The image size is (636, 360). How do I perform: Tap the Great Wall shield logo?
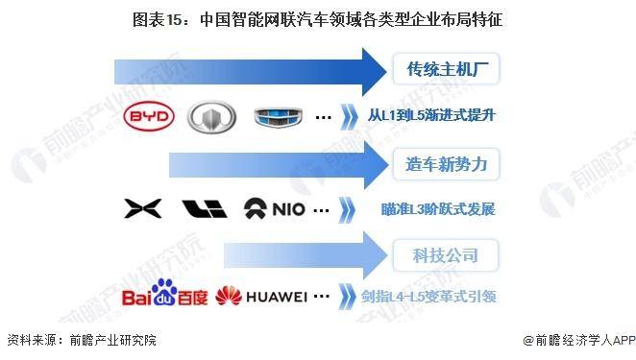pos(210,117)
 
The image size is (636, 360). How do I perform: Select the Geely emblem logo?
pos(277,117)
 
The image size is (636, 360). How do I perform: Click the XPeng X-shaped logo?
pos(142,207)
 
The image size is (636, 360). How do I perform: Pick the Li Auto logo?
pos(203,207)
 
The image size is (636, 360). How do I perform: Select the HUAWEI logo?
pos(260,297)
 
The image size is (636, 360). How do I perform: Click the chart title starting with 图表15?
pos(317,17)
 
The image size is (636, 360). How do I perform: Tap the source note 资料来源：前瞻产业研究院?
pos(81,341)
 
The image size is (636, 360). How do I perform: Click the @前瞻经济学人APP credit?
pos(575,341)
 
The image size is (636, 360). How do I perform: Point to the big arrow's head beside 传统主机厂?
pos(370,70)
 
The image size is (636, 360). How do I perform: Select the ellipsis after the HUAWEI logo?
pos(323,297)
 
